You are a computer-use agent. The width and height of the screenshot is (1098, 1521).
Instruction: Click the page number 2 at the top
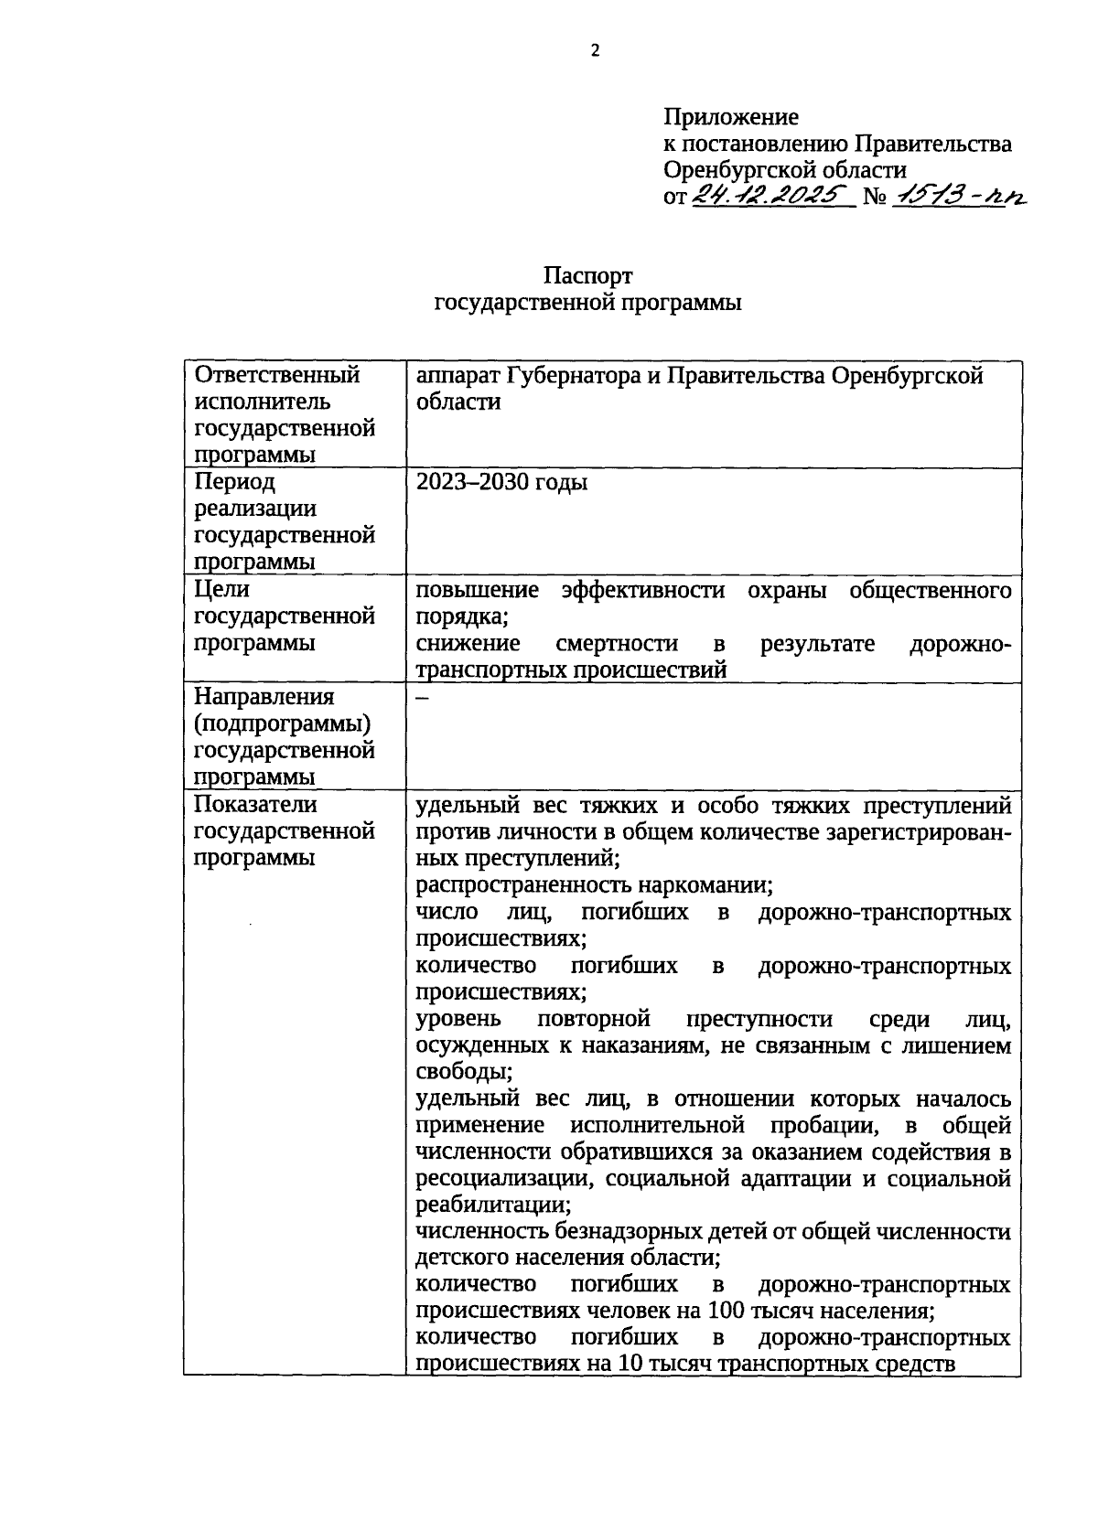tap(595, 51)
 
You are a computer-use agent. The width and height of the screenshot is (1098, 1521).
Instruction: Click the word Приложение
tap(730, 117)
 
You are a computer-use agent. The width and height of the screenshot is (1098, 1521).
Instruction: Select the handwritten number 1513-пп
tap(959, 194)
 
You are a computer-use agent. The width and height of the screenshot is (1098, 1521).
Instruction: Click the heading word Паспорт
tap(587, 276)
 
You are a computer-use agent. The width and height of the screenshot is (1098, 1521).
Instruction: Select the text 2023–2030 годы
tap(501, 482)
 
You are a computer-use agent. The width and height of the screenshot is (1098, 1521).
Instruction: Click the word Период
tap(234, 482)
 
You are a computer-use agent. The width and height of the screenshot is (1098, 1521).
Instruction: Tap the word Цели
tap(222, 590)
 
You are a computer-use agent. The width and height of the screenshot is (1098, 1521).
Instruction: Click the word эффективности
tap(643, 590)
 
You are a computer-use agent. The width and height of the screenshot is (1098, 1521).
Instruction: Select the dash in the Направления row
tap(422, 697)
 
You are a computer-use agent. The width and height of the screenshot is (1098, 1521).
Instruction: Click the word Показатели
tap(255, 805)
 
